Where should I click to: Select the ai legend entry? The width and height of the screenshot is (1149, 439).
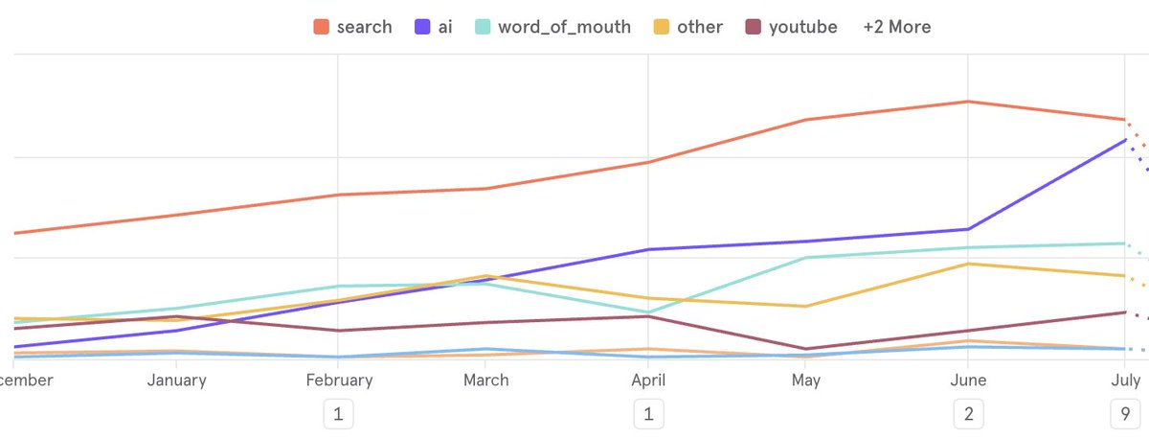click(437, 27)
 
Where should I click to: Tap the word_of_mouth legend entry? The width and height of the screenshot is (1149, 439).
click(553, 27)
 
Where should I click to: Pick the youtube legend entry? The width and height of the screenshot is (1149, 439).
click(792, 27)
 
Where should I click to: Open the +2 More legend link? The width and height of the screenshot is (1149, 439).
click(896, 27)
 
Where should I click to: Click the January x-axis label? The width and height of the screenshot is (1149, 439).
click(177, 381)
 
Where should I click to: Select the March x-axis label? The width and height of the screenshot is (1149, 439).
click(485, 381)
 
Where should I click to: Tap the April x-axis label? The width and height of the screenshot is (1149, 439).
click(648, 381)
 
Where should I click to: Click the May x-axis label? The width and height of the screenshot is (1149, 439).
click(806, 381)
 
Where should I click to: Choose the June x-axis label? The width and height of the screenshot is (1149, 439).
click(969, 381)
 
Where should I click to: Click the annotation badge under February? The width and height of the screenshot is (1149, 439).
click(337, 415)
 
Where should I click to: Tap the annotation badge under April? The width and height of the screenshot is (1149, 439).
click(648, 415)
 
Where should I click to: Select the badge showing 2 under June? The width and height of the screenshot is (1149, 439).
click(969, 415)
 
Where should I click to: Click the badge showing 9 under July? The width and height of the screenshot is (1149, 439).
click(1124, 415)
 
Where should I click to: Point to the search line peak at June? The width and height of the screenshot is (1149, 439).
click(969, 102)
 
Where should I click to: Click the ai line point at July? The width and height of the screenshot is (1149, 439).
click(1124, 140)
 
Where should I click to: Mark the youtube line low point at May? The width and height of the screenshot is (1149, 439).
click(806, 349)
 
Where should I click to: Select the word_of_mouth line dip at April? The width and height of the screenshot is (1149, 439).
click(648, 312)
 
